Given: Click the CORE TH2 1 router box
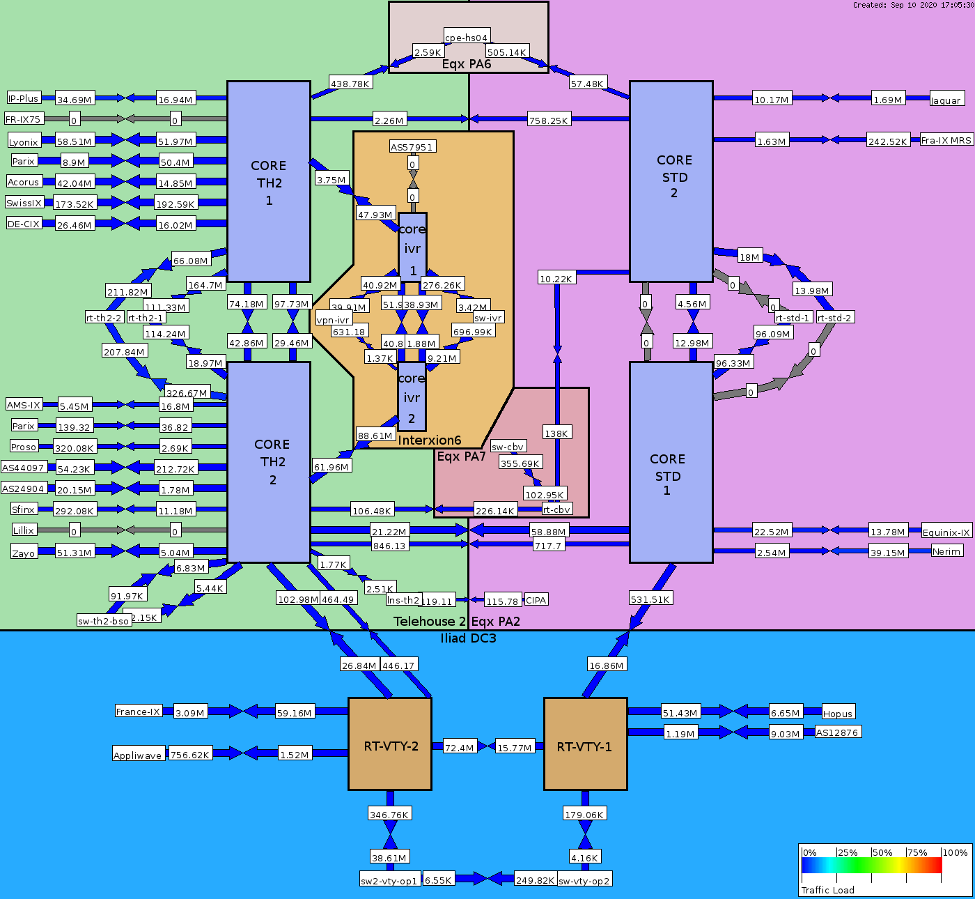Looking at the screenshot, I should tap(269, 181).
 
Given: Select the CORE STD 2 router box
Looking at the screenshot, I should tap(671, 181).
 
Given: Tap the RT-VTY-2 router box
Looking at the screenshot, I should tap(390, 744).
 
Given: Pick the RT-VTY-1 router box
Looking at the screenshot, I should tap(585, 744).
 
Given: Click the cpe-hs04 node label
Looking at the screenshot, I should tap(467, 37).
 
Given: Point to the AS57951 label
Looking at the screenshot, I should tap(412, 146).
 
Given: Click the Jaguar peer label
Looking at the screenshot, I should tap(946, 100).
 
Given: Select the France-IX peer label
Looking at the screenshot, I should tap(139, 711).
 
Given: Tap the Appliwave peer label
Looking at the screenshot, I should tap(138, 755).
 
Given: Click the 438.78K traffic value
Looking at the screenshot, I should tap(350, 83).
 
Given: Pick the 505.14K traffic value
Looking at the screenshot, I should tap(506, 52).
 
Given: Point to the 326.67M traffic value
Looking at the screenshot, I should tap(187, 393).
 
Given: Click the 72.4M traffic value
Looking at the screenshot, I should tap(460, 747).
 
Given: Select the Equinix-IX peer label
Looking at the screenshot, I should tap(946, 532).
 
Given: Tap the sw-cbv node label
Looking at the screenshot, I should tap(508, 447).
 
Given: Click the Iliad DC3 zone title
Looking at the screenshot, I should tap(468, 638).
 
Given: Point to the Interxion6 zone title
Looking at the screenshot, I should tap(430, 440).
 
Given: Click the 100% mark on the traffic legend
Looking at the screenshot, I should tap(955, 852).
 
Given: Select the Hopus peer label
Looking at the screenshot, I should tap(838, 713).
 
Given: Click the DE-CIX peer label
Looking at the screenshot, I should tap(24, 224).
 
